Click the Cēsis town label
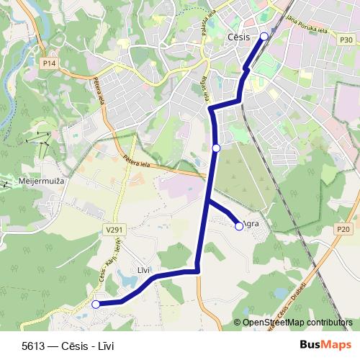tap(238, 36)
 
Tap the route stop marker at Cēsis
tap(264, 36)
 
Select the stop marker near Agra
tap(239, 226)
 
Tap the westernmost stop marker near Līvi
tap(96, 305)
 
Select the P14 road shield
tap(49, 63)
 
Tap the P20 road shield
tap(343, 229)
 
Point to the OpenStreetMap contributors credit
tap(297, 323)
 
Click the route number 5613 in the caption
tap(32, 346)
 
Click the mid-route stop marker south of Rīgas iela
tap(217, 148)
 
